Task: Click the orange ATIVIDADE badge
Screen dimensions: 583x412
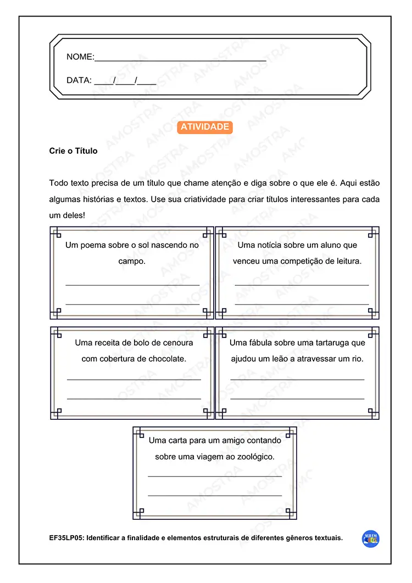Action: pos(205,127)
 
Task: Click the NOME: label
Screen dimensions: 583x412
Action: pos(80,57)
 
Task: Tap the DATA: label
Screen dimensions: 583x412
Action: pos(79,80)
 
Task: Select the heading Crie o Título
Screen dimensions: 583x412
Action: pos(73,151)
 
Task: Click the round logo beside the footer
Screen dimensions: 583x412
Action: pos(371,539)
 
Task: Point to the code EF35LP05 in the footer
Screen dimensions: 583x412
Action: pos(66,538)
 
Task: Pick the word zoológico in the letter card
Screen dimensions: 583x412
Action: pos(254,457)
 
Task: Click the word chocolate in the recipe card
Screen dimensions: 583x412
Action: pos(167,358)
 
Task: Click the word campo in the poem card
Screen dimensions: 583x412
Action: pos(131,261)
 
